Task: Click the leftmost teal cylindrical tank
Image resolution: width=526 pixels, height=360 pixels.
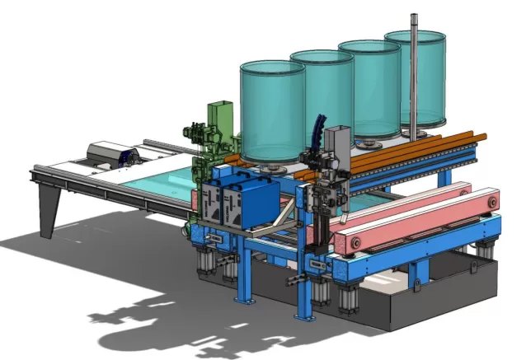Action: click(x=271, y=110)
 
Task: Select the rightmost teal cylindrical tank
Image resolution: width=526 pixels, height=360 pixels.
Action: click(x=425, y=78)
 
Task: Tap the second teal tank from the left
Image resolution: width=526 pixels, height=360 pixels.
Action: click(x=322, y=95)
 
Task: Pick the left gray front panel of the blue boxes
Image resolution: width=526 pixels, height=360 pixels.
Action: click(x=211, y=203)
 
